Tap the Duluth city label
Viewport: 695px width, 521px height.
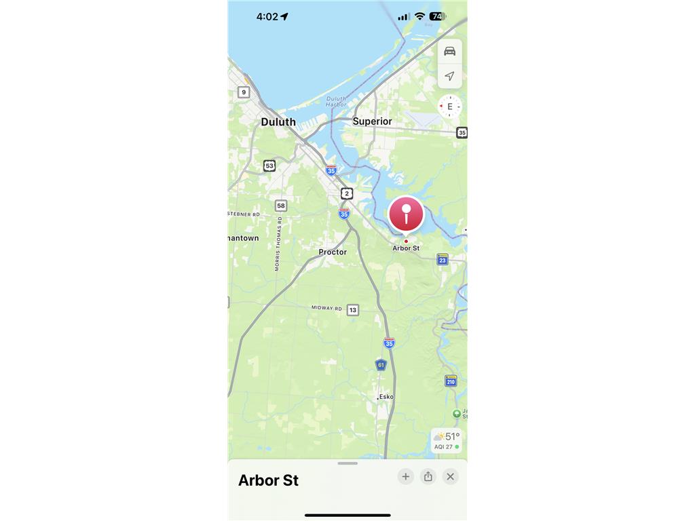pos(278,122)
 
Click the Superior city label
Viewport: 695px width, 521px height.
pos(372,121)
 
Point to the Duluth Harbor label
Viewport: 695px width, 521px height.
pos(336,101)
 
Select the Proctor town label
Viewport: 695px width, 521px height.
pos(333,252)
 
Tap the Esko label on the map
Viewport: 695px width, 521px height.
pos(386,397)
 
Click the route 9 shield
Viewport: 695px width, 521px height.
pos(244,92)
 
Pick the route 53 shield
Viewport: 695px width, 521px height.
pos(269,166)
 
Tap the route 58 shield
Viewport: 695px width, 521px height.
pos(281,206)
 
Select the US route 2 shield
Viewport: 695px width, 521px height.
pos(347,193)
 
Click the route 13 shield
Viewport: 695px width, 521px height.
pos(352,310)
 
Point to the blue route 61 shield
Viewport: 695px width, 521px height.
pos(381,365)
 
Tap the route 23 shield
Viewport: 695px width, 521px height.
pos(443,259)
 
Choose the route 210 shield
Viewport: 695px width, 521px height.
pos(451,381)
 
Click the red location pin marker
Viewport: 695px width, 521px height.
pos(406,215)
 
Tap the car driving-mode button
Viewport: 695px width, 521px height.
pos(449,52)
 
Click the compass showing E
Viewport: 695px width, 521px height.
pos(449,107)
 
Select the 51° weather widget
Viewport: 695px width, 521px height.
pos(447,440)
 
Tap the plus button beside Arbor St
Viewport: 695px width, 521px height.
pos(405,476)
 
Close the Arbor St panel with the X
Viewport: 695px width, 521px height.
pos(450,476)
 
